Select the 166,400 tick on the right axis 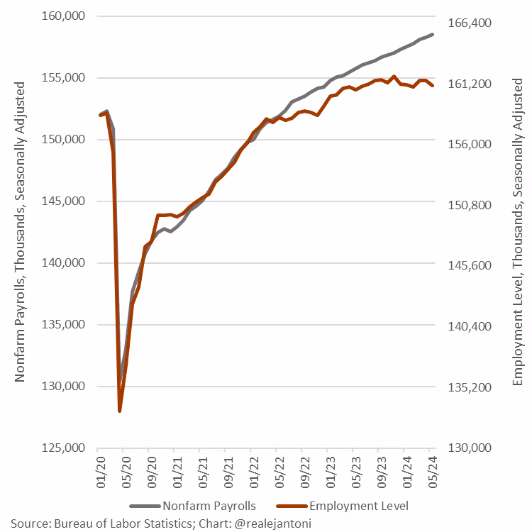pyautogui.click(x=470, y=23)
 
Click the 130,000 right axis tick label pyautogui.click(x=470, y=448)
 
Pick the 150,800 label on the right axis pyautogui.click(x=470, y=206)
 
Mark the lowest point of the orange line pyautogui.click(x=120, y=411)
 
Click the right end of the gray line pyautogui.click(x=433, y=34)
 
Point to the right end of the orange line pyautogui.click(x=433, y=86)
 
